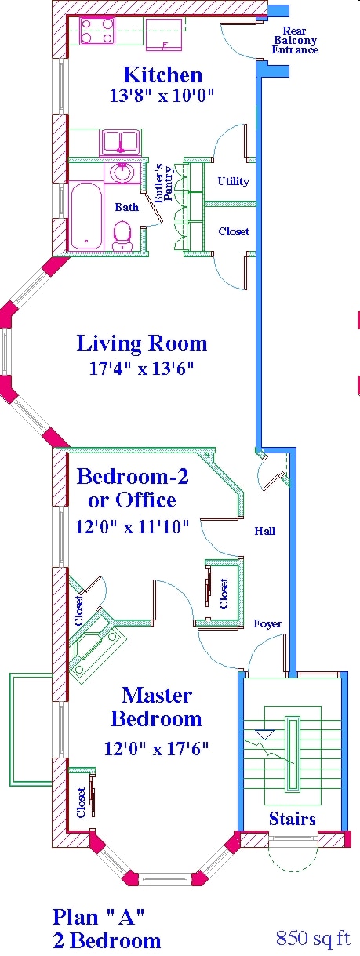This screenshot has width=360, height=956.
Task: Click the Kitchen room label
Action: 162,75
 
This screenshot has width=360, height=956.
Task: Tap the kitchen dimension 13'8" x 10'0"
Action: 162,96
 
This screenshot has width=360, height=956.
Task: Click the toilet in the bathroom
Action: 122,234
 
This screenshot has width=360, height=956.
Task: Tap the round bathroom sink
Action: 122,173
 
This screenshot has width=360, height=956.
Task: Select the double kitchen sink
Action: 119,143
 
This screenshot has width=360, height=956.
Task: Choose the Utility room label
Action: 233,181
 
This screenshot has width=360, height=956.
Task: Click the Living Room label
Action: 142,344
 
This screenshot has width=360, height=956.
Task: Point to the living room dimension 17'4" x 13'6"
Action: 142,368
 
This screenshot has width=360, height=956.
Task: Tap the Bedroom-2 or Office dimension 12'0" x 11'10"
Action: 133,527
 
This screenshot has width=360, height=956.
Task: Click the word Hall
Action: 264,531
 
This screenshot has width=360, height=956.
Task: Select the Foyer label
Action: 267,623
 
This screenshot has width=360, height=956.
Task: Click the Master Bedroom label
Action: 156,707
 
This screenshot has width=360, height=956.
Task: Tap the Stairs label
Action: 292,819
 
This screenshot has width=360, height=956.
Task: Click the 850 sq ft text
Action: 312,938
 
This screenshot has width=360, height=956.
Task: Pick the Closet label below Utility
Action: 234,231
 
